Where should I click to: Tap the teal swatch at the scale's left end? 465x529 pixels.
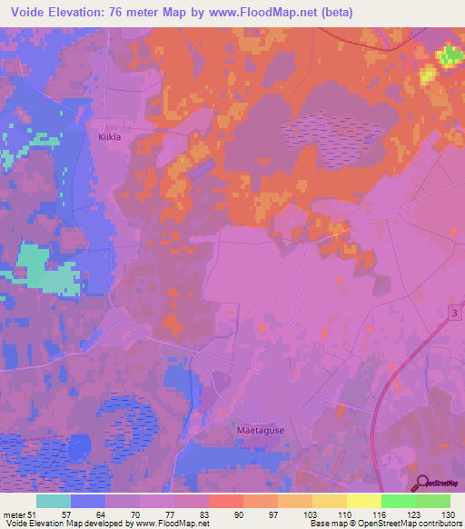[x=54, y=501]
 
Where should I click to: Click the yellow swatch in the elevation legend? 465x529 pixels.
[x=364, y=501]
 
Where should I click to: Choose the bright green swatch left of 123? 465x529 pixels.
[x=399, y=501]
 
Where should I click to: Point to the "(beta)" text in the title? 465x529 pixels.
[x=331, y=13]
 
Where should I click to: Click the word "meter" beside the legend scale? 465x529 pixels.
[x=15, y=514]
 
